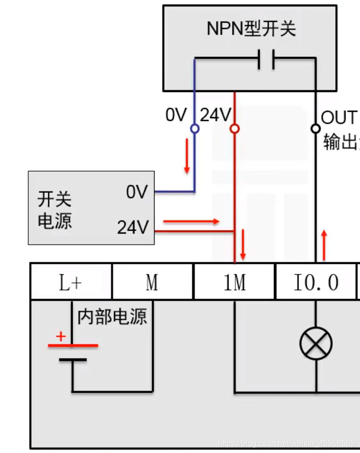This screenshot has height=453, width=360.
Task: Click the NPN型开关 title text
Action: click(251, 29)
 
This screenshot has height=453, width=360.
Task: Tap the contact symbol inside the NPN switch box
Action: click(265, 59)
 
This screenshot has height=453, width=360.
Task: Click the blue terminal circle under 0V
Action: click(194, 129)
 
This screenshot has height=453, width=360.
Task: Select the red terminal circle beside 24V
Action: click(234, 129)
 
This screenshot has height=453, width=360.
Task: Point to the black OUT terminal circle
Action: click(316, 129)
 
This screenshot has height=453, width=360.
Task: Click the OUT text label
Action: click(339, 118)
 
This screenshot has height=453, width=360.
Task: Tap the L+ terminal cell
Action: click(71, 282)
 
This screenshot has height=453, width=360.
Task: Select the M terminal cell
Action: click(152, 282)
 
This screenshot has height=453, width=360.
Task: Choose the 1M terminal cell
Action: click(234, 282)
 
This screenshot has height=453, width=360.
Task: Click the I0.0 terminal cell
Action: click(316, 282)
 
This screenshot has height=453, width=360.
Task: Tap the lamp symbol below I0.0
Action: click(316, 343)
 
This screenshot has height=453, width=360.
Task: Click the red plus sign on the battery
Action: click(61, 336)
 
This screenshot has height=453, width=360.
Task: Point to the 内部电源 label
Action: click(112, 317)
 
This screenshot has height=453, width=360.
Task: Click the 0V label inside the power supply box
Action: click(137, 192)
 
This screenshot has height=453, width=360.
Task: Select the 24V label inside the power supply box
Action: click(133, 228)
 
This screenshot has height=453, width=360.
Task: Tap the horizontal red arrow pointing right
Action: click(191, 221)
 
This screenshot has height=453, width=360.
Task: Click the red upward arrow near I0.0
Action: click(324, 245)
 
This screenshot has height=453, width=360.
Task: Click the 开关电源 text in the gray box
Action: click(54, 210)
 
